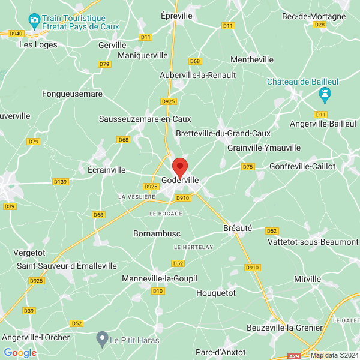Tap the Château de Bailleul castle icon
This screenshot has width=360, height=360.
pos(325,94)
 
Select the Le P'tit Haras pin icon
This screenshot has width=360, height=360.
pos(103,340)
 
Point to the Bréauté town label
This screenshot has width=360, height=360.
pos(237,229)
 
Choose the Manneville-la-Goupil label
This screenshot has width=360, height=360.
pos(159,279)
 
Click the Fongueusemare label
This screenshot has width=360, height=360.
pos(72,94)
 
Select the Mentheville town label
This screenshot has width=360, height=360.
pos(252,60)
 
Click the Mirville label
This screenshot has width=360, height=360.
pos(308,280)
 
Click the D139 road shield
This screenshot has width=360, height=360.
pos(60,181)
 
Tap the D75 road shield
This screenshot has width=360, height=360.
pos(247,166)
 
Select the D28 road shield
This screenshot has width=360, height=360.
pos(319,25)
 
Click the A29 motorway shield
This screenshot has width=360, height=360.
pos(292,356)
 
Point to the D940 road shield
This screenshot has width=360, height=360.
pos(16,34)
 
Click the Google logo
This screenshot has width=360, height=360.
pos(20,353)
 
